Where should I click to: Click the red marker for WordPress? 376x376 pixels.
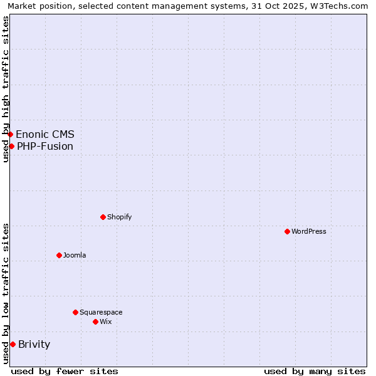[287, 231]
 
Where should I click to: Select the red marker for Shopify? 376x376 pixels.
[103, 217]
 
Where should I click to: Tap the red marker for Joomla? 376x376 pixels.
[59, 255]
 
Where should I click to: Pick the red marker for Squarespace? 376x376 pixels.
[75, 312]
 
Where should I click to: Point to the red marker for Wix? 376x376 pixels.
[95, 321]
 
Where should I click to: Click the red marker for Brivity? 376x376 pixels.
[13, 344]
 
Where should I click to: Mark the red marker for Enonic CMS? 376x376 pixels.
[10, 134]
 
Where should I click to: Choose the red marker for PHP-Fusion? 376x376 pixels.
[11, 146]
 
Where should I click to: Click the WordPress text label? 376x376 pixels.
[309, 231]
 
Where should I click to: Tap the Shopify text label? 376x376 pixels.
[119, 217]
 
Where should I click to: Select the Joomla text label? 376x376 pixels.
[75, 255]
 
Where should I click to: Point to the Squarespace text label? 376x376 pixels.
[101, 312]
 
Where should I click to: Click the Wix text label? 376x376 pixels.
[105, 321]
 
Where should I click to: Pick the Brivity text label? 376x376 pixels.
[34, 344]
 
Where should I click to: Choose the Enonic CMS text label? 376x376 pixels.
[45, 134]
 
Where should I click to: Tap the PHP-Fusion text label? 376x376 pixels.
[45, 146]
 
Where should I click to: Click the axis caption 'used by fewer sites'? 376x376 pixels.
[65, 371]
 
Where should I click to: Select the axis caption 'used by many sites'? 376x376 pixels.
[315, 371]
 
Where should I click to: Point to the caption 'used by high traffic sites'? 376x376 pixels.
[6, 90]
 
